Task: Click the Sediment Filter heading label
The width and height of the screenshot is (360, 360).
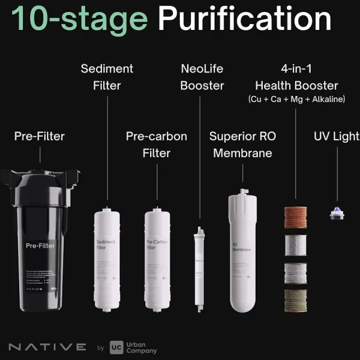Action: (x=107, y=77)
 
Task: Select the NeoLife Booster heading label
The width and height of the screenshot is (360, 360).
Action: (x=202, y=77)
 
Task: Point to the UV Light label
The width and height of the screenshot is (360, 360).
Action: (x=337, y=136)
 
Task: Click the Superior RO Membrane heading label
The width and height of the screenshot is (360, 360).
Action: (x=242, y=145)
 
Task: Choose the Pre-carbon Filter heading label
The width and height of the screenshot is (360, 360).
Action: (x=156, y=145)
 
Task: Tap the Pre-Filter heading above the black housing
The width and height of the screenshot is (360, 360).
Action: (x=40, y=136)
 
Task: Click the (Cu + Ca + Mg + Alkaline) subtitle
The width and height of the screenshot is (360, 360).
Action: (x=296, y=99)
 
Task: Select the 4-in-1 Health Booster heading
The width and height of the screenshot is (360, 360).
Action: (x=296, y=77)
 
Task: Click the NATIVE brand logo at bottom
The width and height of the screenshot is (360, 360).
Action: (x=47, y=347)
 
